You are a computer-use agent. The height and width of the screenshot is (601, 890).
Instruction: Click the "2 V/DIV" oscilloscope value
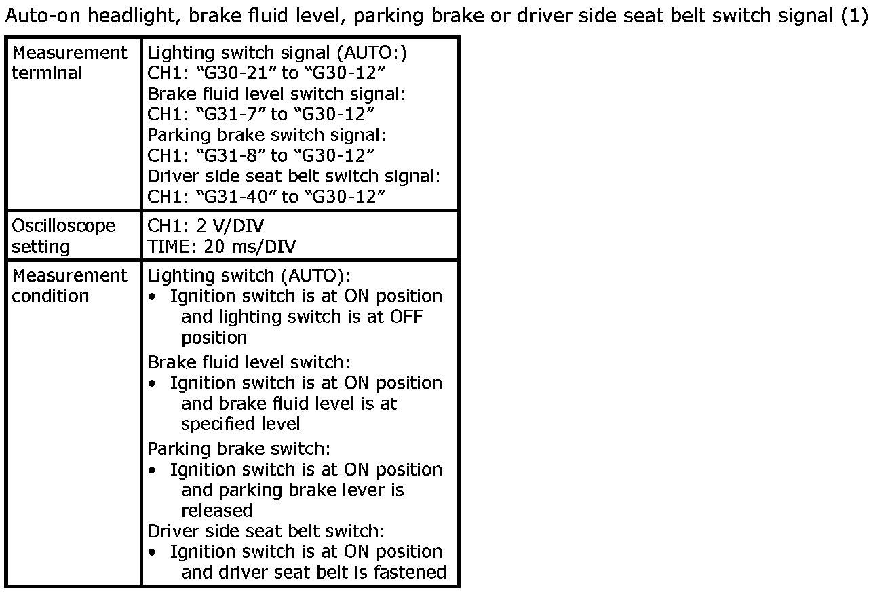230,226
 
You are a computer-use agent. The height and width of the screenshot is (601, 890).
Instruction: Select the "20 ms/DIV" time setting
250,247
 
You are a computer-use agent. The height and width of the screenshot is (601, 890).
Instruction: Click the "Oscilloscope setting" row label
64,236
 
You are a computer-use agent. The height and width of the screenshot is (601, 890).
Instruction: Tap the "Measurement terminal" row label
69,63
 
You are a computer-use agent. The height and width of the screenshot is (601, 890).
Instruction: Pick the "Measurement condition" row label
69,286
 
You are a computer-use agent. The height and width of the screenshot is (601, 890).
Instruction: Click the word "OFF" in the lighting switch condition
406,317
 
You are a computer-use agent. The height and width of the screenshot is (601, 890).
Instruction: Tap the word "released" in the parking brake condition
217,511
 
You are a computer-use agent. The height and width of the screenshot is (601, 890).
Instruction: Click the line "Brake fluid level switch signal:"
277,94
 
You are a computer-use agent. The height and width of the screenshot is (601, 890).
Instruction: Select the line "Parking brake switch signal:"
267,136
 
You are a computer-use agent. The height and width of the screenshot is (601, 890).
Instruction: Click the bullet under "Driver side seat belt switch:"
152,553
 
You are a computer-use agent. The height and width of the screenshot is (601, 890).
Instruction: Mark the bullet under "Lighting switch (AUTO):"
152,296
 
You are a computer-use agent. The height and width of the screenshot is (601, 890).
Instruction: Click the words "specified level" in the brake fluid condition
240,424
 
